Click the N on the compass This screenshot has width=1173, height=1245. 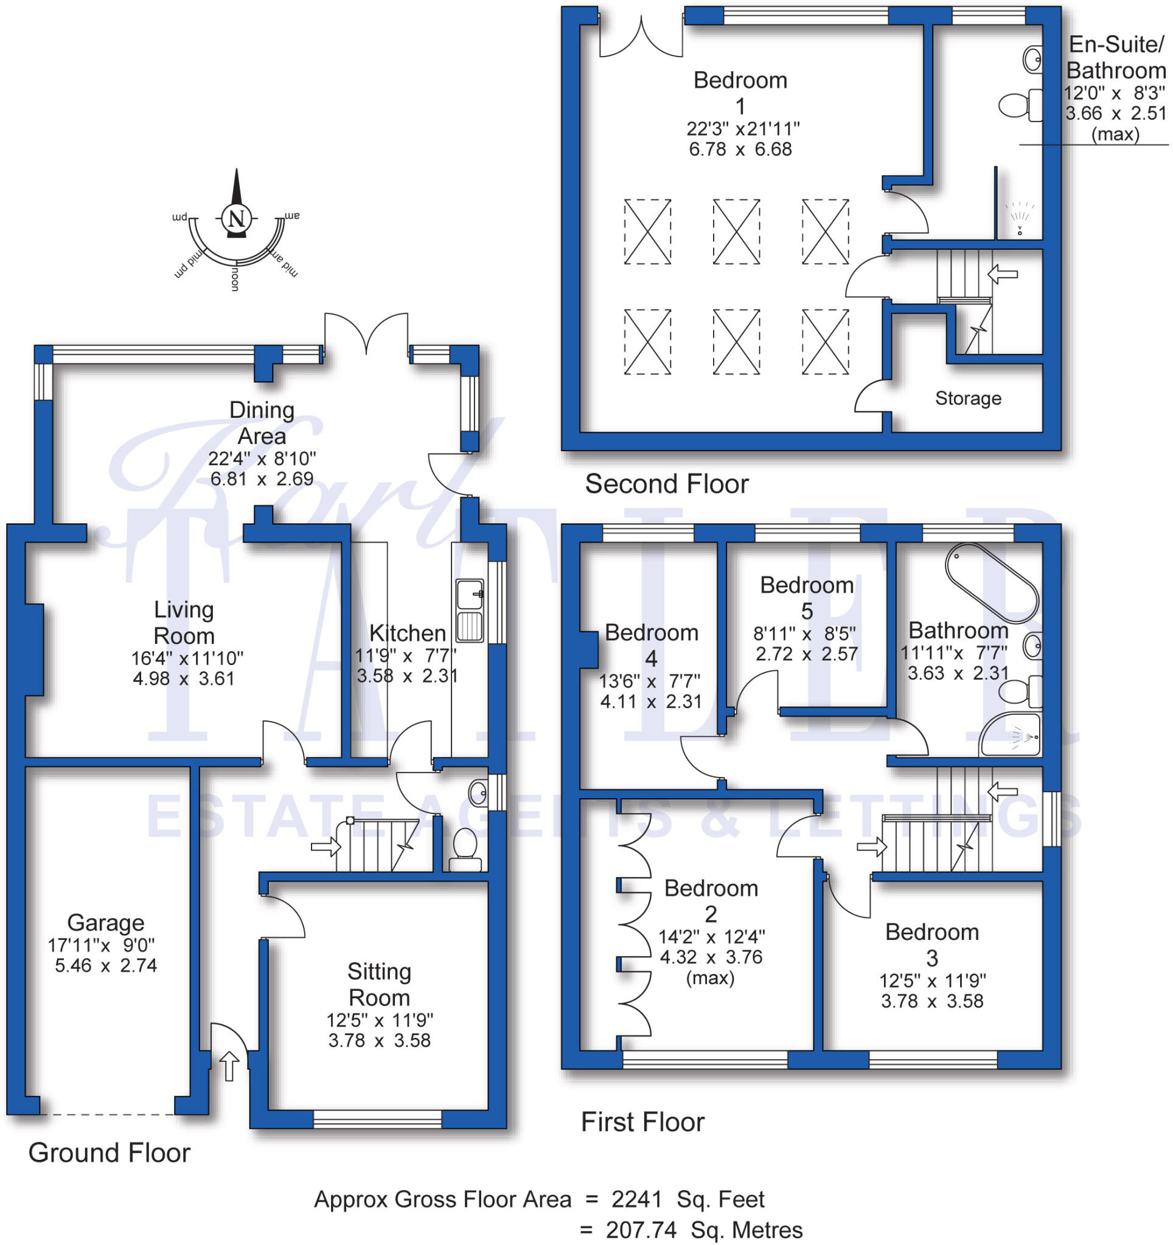pyautogui.click(x=236, y=219)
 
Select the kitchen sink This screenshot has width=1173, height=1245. pyautogui.click(x=469, y=610)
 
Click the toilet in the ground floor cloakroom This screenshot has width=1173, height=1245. pyautogui.click(x=465, y=849)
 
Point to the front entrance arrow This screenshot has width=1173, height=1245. pyautogui.click(x=229, y=1065)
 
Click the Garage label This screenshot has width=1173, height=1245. pyautogui.click(x=105, y=922)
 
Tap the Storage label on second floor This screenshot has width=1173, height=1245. pyautogui.click(x=967, y=398)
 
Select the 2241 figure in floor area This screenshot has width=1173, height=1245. pyautogui.click(x=636, y=1199)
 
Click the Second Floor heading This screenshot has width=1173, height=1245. pyautogui.click(x=666, y=483)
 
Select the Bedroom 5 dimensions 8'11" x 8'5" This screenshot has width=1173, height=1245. pyautogui.click(x=806, y=633)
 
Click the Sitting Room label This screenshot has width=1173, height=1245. pyautogui.click(x=379, y=984)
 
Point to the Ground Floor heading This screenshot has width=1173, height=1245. pyautogui.click(x=109, y=1153)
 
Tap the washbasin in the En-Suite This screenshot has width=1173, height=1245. pyautogui.click(x=1032, y=60)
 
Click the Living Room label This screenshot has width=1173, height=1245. pyautogui.click(x=184, y=622)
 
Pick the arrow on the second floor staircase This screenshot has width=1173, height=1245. pyautogui.click(x=1003, y=274)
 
